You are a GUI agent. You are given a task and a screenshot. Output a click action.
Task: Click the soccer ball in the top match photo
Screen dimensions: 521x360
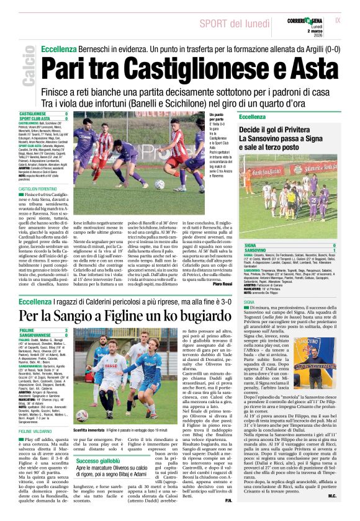(x=160, y=184)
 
